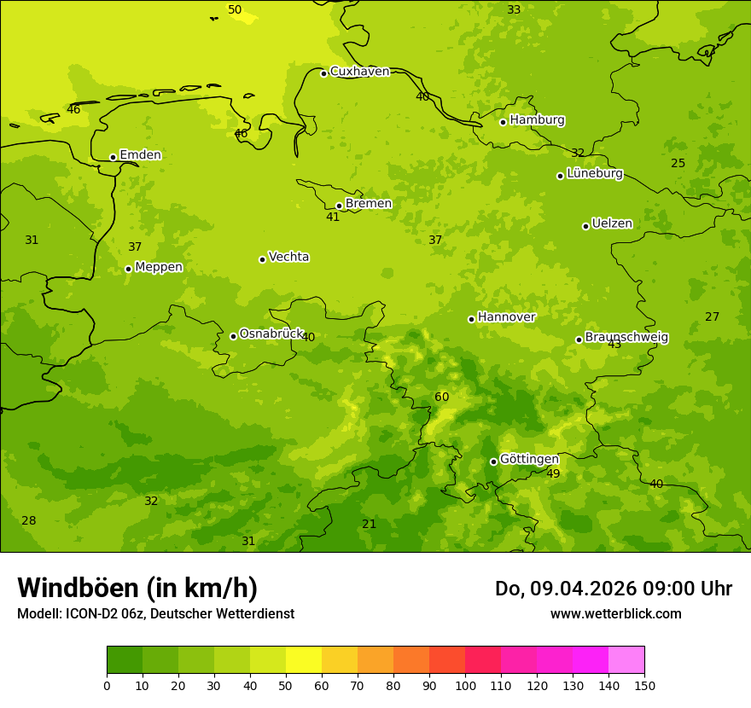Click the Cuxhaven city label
coord(359,72)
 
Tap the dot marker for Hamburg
coord(504,122)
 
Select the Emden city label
coord(140,155)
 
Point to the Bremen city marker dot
coord(339,206)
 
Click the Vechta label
coord(288,257)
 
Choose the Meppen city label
coord(159,267)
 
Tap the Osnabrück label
coord(271,334)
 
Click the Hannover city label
coord(506,317)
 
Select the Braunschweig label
coord(626,338)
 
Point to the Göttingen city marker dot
coord(493,461)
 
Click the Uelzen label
coord(612,224)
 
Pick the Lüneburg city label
coord(594,174)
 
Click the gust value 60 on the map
coord(441,398)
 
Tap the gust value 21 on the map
coord(369,525)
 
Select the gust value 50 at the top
coord(235,10)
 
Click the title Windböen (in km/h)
coord(137,588)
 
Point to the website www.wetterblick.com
coord(615,613)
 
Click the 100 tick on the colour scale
coord(465,685)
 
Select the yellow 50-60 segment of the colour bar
coord(304,660)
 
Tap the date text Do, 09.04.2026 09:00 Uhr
coord(613,589)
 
